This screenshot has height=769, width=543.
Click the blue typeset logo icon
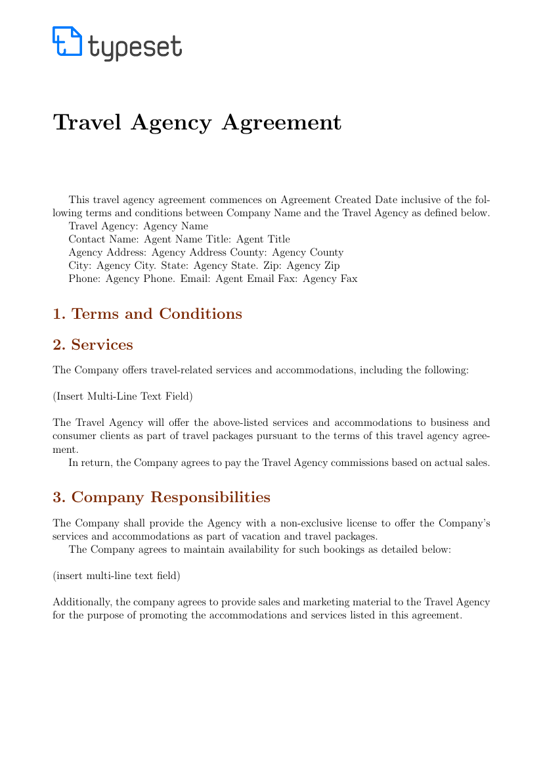click(67, 41)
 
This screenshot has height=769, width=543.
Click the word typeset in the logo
click(135, 46)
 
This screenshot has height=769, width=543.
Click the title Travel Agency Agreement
click(197, 122)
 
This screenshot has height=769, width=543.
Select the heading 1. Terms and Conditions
click(147, 314)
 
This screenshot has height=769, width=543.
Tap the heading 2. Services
click(93, 344)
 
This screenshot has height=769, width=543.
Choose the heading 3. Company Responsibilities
click(161, 497)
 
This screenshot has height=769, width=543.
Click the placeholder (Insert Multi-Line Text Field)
click(123, 396)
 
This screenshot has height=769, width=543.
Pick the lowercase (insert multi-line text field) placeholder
click(116, 575)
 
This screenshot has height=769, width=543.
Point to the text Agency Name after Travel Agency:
click(179, 226)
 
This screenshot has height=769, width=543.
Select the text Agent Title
click(263, 239)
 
